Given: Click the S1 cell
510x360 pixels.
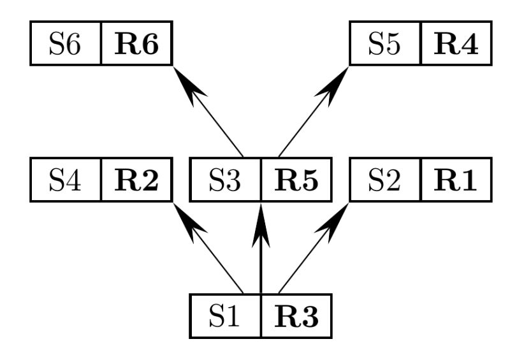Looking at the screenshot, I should tap(226, 316).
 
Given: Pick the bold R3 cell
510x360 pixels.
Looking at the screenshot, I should tap(296, 316).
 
